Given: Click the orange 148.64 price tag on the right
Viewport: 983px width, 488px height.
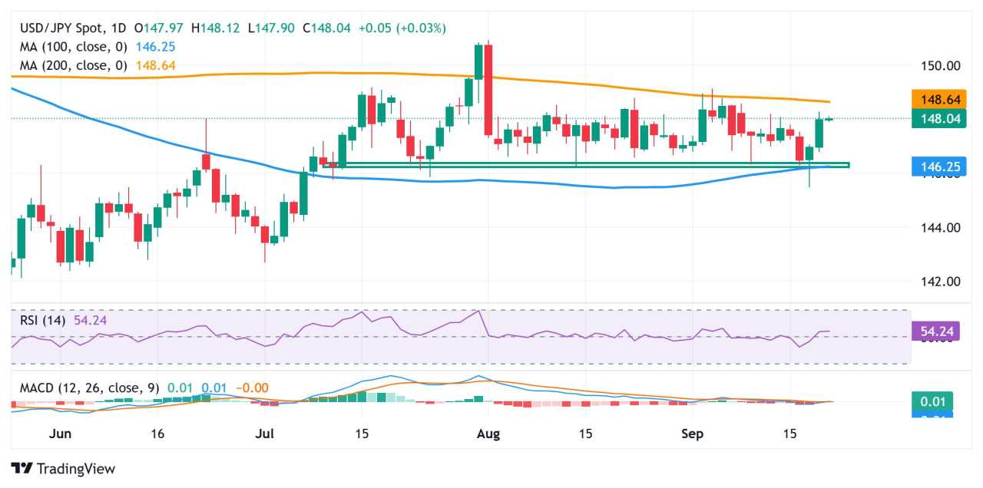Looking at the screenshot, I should [x=932, y=100].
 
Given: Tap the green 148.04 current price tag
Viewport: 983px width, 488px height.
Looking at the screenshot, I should [x=932, y=118].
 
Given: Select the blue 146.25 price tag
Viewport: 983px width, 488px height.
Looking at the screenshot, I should [x=932, y=167].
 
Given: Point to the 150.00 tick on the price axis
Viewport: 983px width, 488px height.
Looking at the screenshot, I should [x=941, y=65].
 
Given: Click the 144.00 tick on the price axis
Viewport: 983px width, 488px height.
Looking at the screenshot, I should [x=941, y=227].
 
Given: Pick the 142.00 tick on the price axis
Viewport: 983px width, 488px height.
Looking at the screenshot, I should [x=941, y=281].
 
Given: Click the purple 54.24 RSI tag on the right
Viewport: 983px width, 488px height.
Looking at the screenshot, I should [x=932, y=331].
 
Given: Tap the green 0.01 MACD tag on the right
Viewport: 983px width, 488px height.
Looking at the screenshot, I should [x=932, y=401].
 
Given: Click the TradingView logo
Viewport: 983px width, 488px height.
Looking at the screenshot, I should [x=63, y=468].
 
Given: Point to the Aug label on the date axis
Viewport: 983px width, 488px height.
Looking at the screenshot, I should [x=488, y=434].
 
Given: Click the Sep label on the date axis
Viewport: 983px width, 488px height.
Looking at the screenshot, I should [x=693, y=434].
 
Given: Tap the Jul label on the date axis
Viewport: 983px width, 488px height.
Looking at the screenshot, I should [x=264, y=434].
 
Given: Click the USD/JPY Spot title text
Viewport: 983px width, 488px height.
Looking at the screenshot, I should [x=61, y=28].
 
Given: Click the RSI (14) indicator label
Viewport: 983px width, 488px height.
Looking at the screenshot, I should [x=43, y=320].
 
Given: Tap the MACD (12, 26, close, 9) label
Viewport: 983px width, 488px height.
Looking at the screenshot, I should [x=89, y=388].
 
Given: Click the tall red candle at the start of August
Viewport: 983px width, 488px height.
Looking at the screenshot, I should [x=488, y=91].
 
